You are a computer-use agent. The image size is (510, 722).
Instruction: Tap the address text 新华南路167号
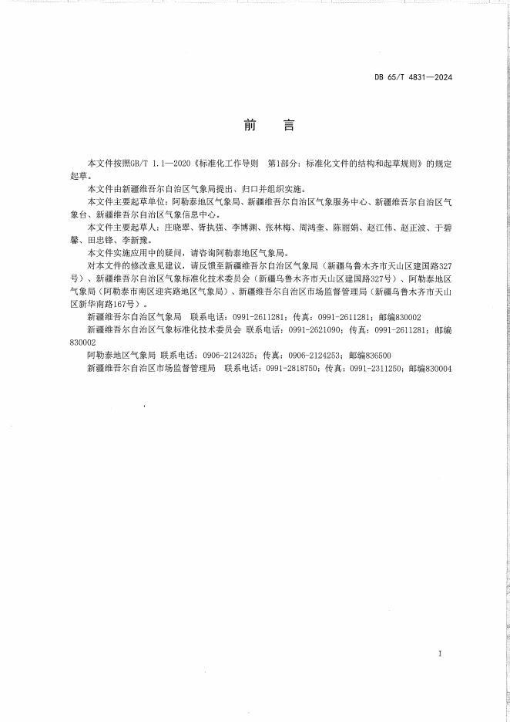(x=103, y=304)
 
